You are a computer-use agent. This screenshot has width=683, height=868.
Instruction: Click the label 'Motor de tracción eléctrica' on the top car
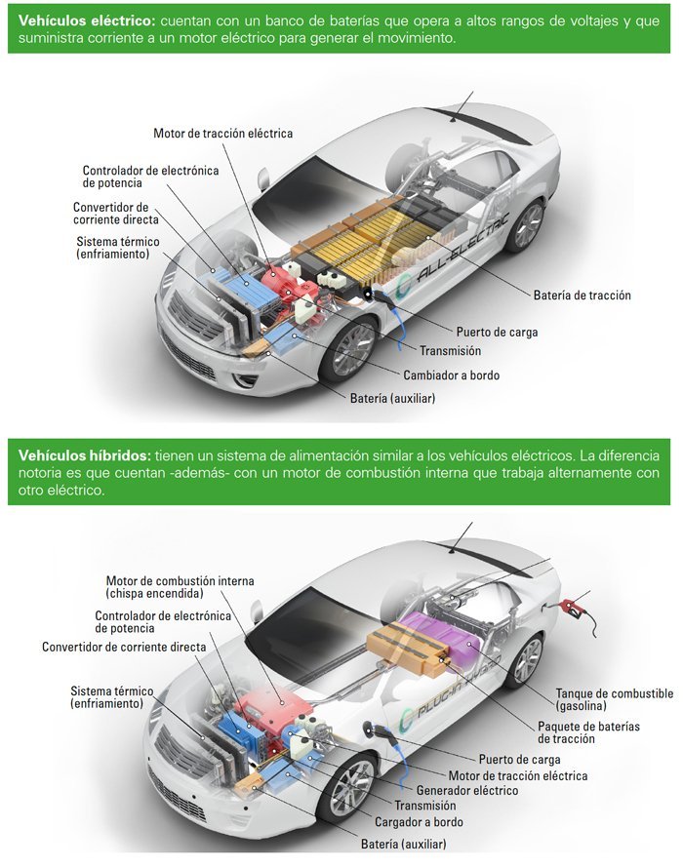(222, 134)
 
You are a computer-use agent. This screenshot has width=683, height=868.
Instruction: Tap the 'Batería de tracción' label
(583, 296)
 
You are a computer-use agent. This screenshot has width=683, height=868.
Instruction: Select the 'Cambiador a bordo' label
(451, 375)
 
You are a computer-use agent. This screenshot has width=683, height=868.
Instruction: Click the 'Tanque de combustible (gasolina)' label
(615, 699)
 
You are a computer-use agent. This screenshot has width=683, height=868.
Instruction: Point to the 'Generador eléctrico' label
(467, 791)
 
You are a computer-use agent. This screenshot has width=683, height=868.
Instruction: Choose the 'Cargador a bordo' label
(419, 822)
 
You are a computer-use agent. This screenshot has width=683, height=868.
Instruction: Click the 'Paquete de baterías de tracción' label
(588, 732)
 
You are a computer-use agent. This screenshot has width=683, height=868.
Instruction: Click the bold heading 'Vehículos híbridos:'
(84, 455)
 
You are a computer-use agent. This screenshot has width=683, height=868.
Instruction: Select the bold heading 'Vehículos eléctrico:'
(87, 21)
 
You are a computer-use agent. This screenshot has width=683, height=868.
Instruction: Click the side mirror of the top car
(262, 178)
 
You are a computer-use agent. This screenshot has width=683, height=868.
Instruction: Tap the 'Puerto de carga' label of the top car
(497, 333)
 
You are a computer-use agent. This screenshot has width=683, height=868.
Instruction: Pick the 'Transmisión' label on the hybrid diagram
(425, 806)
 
